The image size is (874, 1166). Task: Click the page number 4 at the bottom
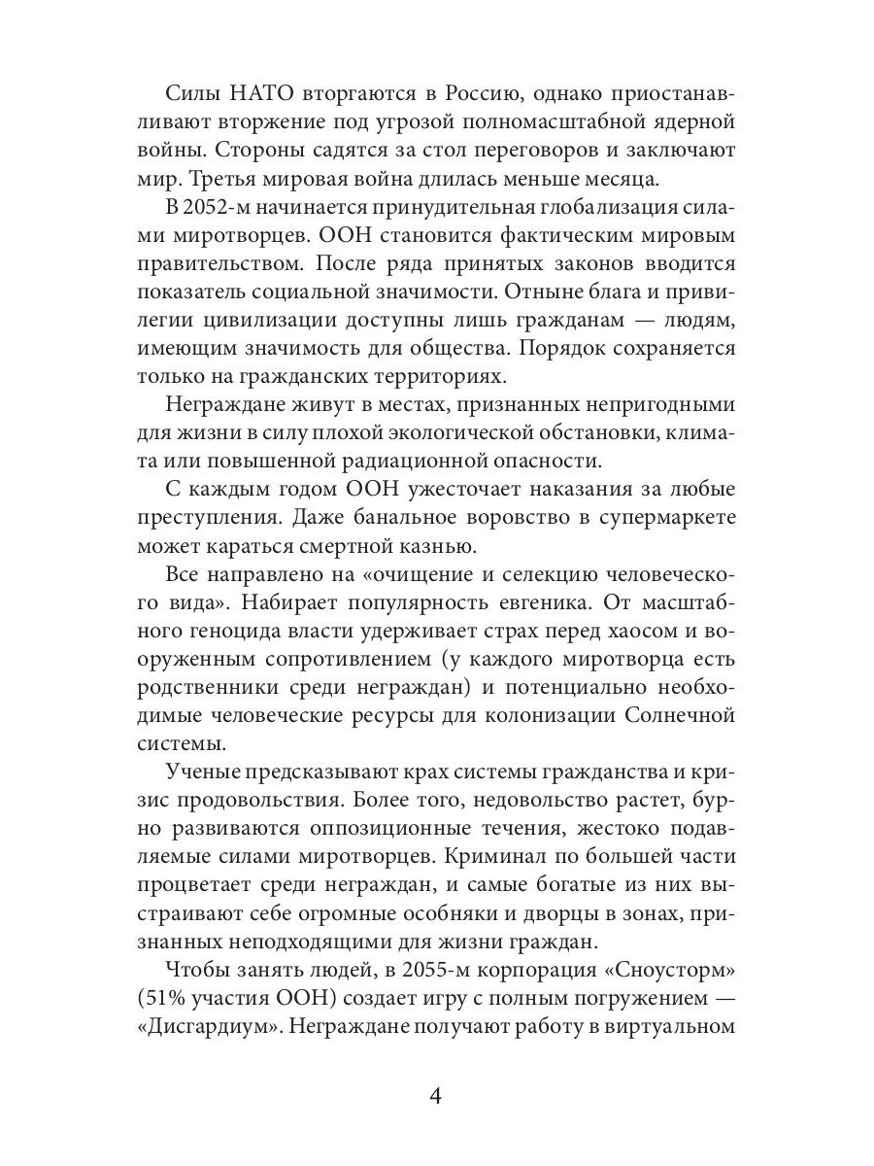[x=436, y=1098]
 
